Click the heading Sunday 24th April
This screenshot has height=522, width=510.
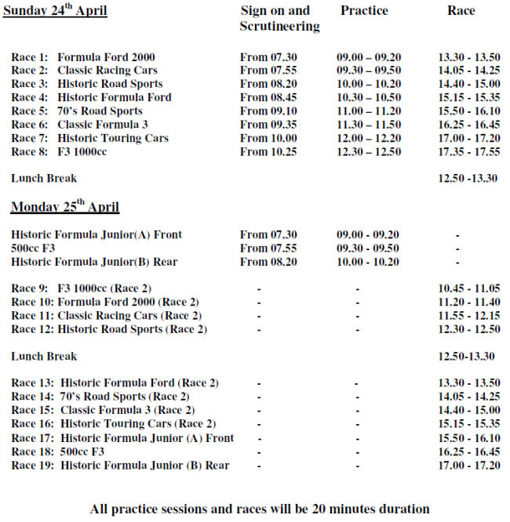[x=55, y=12]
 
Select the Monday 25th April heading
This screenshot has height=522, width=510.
[x=65, y=208]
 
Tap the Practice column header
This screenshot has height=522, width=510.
[x=364, y=11]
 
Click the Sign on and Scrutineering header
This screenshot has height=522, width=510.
[x=279, y=19]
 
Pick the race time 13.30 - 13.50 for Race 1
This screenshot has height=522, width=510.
[x=468, y=57]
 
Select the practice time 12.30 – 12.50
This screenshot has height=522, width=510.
[x=368, y=151]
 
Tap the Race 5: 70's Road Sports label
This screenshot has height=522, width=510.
[x=77, y=111]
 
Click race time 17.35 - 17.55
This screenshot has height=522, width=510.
[x=468, y=151]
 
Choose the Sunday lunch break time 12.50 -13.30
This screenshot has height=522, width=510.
[x=467, y=179]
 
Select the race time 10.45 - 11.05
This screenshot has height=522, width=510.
[x=468, y=288]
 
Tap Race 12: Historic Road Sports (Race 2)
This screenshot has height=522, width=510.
[x=109, y=329]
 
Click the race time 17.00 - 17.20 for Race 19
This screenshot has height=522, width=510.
[x=468, y=466]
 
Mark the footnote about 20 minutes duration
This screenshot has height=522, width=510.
[x=260, y=509]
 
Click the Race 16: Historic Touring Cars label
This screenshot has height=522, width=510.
[x=114, y=425]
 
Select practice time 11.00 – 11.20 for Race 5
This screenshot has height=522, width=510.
[x=368, y=111]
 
